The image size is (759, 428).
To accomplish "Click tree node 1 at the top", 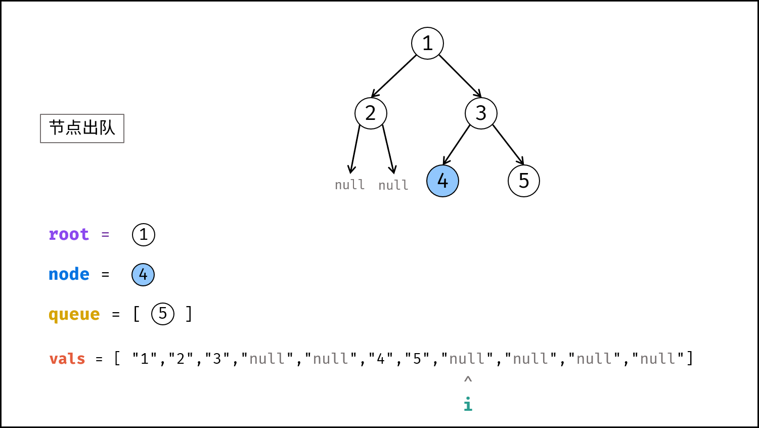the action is pyautogui.click(x=427, y=44).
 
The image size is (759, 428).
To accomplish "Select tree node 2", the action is pyautogui.click(x=371, y=113).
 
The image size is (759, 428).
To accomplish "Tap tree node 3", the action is pyautogui.click(x=481, y=113).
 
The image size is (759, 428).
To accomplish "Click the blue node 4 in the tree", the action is pyautogui.click(x=442, y=181).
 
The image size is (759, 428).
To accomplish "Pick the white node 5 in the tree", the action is pyautogui.click(x=524, y=181).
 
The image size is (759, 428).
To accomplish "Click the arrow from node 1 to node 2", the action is pyautogui.click(x=394, y=76).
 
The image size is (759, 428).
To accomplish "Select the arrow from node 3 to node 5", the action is pyautogui.click(x=508, y=145).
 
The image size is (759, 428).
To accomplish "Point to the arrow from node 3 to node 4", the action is pyautogui.click(x=456, y=145).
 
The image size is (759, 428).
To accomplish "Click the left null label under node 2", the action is pyautogui.click(x=350, y=185).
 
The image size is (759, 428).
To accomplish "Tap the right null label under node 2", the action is pyautogui.click(x=393, y=185).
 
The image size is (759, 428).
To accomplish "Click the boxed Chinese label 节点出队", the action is pyautogui.click(x=82, y=129).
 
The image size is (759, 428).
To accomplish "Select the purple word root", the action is pyautogui.click(x=69, y=234).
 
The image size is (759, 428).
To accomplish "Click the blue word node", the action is pyautogui.click(x=69, y=274).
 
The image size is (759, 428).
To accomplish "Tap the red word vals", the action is pyautogui.click(x=67, y=359).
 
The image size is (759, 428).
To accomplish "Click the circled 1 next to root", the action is pyautogui.click(x=144, y=235).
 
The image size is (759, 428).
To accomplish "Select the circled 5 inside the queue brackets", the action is pyautogui.click(x=163, y=314).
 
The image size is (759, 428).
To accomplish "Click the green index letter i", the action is pyautogui.click(x=468, y=404).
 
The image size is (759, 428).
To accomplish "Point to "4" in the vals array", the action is pyautogui.click(x=381, y=359).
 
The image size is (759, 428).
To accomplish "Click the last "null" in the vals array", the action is pyautogui.click(x=658, y=359).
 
